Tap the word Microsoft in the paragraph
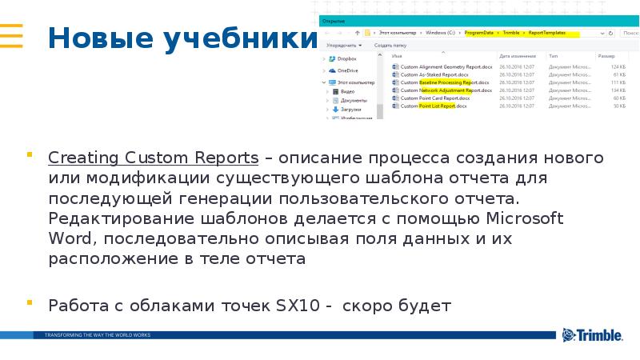525,218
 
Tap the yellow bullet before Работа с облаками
30,302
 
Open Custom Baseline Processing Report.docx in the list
443,82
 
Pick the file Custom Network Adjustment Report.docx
446,90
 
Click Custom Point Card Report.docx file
435,98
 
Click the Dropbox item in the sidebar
346,58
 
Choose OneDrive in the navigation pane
347,70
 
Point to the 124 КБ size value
618,66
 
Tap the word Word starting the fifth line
68,239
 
